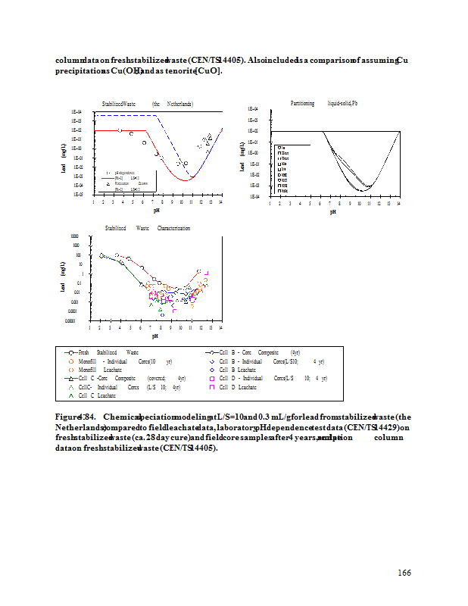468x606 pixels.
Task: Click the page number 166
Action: pos(404,573)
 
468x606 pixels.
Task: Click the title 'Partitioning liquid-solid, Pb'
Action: pos(323,103)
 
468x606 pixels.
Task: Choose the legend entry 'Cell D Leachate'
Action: pos(243,387)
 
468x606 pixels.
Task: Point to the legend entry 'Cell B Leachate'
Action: pos(243,370)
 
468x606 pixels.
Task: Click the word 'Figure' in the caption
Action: pos(69,417)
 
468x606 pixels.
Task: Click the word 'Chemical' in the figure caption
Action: pos(120,417)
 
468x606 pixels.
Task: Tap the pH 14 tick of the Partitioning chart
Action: pos(398,203)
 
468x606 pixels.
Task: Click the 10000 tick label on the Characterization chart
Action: pos(73,236)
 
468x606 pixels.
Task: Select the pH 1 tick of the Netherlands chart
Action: pos(93,201)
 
